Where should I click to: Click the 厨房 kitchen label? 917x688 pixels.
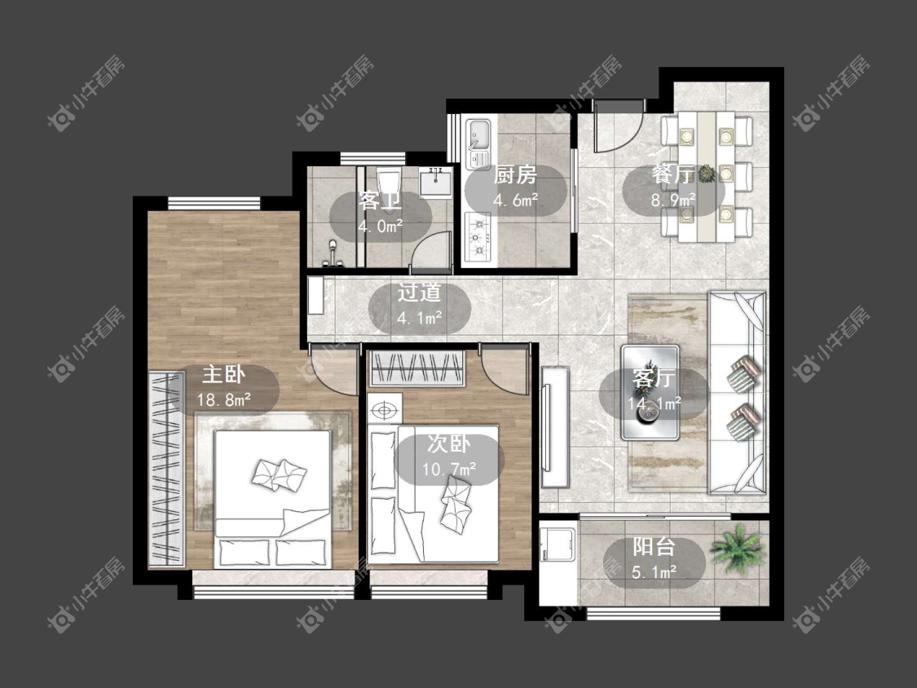[515, 175]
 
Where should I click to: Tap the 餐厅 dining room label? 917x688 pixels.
[673, 174]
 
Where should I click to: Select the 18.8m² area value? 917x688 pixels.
[224, 400]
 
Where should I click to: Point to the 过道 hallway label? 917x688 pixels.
[419, 293]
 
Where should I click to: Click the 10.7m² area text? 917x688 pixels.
[448, 469]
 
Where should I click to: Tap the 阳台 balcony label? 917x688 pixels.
[654, 546]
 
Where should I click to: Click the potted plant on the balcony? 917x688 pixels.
[736, 549]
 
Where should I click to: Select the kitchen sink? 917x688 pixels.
[479, 143]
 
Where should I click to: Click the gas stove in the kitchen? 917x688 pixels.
[478, 237]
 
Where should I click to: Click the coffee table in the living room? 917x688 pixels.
[650, 392]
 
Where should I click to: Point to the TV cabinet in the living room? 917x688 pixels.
[554, 427]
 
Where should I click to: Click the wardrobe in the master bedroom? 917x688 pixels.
[166, 468]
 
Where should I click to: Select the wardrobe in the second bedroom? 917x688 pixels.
[417, 368]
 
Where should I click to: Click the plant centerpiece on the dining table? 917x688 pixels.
[708, 173]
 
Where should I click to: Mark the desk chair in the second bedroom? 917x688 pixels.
[384, 410]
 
